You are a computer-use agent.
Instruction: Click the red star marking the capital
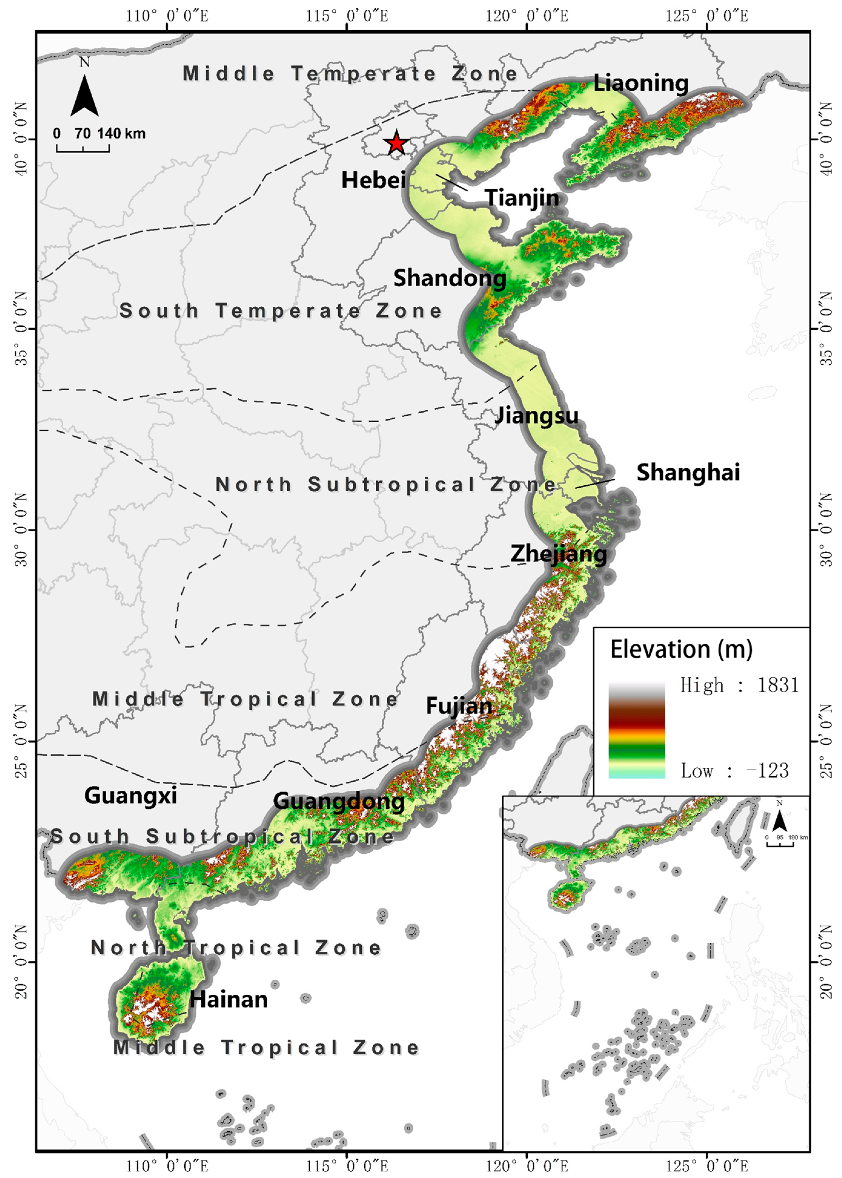396,143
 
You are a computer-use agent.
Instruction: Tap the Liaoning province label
641,83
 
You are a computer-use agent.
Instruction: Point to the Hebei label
373,180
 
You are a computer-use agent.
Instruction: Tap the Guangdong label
339,801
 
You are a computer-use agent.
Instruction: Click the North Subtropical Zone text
386,484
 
